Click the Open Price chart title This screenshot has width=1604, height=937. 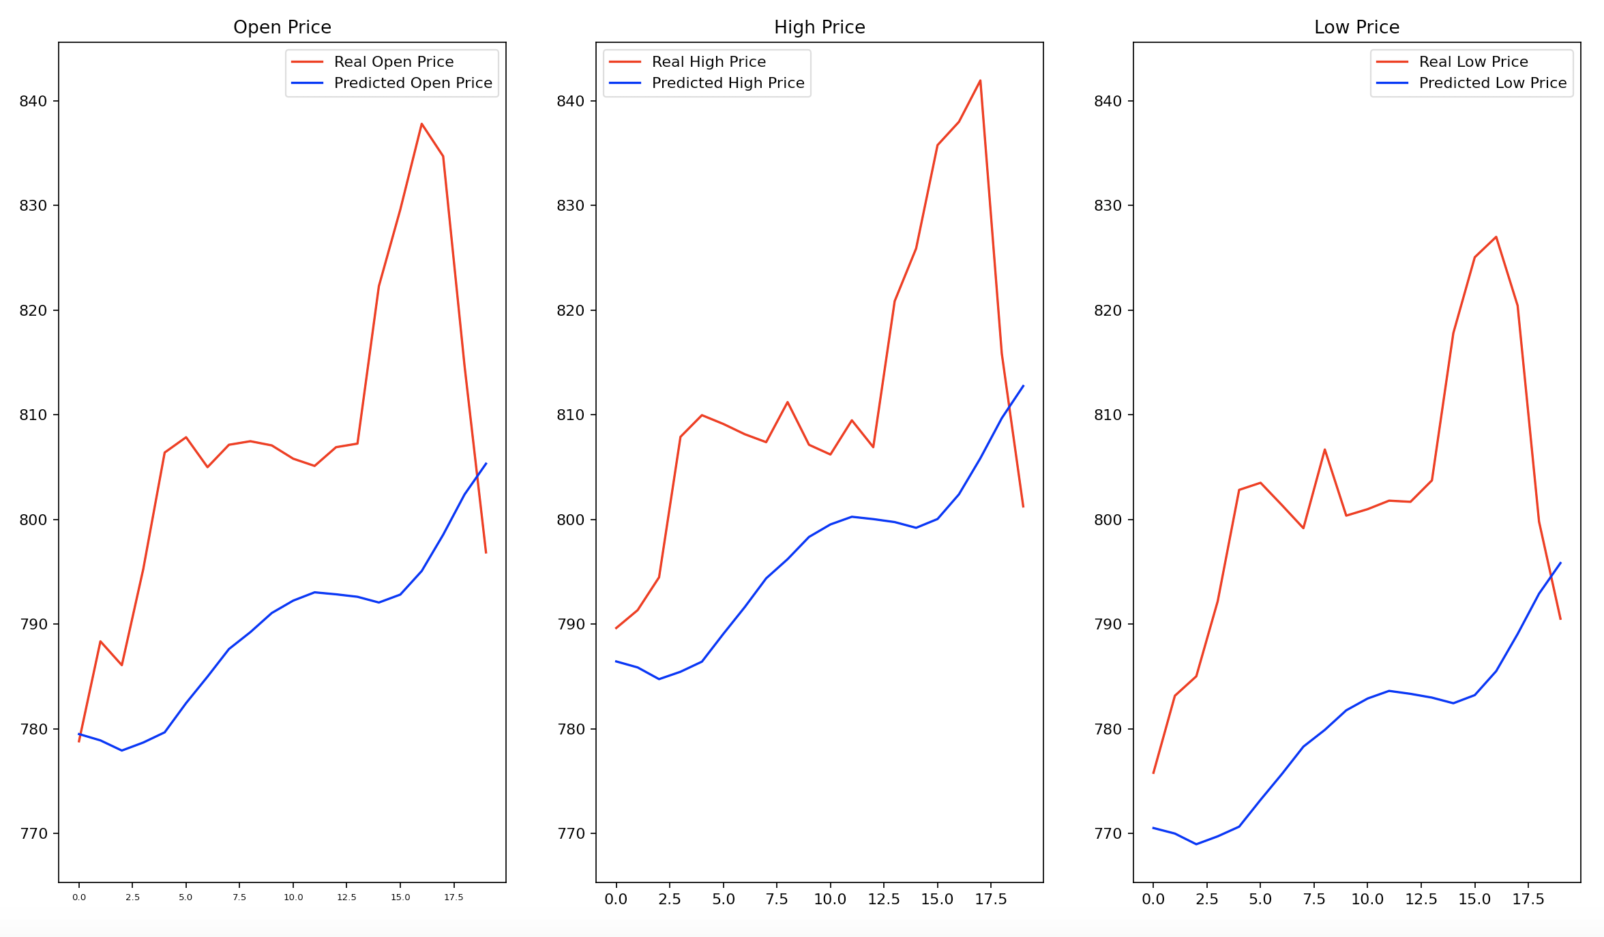point(282,27)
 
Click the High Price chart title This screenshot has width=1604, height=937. point(819,27)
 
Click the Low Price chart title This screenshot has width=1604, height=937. point(1356,27)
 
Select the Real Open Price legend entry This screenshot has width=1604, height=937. point(393,62)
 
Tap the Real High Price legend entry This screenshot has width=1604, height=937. point(709,62)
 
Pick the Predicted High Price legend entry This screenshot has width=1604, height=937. point(728,83)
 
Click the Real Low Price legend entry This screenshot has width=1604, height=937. point(1473,62)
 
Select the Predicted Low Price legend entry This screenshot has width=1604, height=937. point(1492,83)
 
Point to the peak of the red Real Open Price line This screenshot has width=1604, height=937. point(421,123)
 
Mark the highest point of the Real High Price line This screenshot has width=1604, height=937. point(980,80)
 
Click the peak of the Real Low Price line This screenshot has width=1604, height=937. point(1496,237)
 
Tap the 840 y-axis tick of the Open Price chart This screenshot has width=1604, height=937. point(33,102)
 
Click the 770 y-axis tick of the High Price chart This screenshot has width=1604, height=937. point(571,834)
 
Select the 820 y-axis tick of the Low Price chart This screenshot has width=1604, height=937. point(1108,311)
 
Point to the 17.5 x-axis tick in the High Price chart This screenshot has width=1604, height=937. point(991,899)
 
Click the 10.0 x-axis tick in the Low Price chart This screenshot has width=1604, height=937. point(1367,899)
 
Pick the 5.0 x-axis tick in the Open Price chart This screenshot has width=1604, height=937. point(185,897)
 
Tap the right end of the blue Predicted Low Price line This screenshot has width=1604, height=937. point(1560,563)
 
